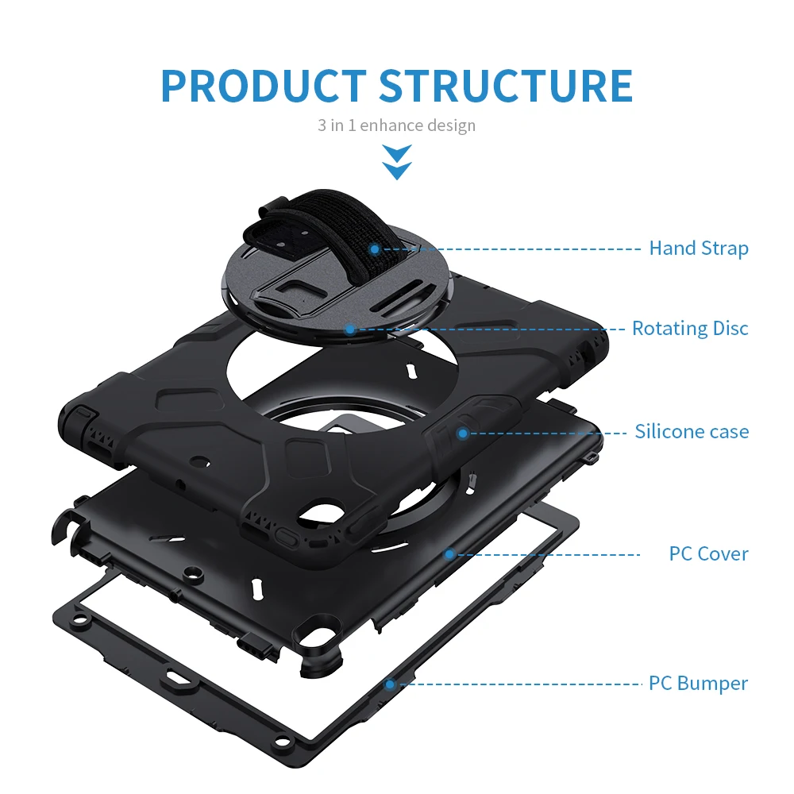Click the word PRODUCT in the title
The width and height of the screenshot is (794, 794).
point(263,86)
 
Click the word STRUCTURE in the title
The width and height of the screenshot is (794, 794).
point(505,86)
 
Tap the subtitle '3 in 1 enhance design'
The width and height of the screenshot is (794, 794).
point(396,125)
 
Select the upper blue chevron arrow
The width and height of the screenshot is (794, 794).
point(396,152)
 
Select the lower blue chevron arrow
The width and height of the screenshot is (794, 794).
point(396,169)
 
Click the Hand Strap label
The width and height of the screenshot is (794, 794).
point(699,249)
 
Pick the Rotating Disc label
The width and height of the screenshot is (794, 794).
point(690,328)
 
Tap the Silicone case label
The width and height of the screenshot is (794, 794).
point(692,432)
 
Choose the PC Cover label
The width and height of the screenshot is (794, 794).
point(708,553)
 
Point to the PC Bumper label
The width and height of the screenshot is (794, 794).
point(698,683)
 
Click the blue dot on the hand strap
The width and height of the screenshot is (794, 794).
point(374,249)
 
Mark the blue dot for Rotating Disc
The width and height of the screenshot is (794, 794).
point(349,328)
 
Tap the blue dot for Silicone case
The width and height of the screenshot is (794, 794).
point(463,433)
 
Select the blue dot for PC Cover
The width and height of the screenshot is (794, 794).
point(449,554)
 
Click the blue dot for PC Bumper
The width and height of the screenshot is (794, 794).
point(389,683)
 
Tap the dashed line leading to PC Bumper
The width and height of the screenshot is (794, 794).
point(516,683)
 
